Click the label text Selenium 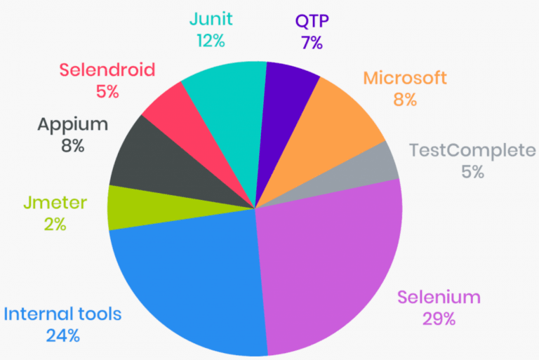(439, 297)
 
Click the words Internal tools (63, 313)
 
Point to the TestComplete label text (472, 150)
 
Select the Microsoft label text (404, 78)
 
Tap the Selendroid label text (107, 70)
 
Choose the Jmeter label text (55, 204)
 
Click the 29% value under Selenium (439, 319)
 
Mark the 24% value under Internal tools (63, 335)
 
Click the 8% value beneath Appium (73, 146)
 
